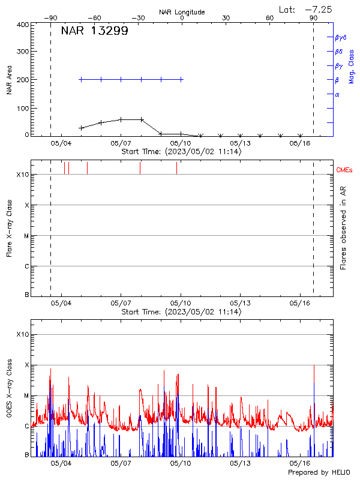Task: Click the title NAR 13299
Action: (94, 32)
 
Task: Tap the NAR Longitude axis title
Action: (181, 12)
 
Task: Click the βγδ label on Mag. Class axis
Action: (341, 37)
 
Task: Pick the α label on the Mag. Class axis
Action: (337, 94)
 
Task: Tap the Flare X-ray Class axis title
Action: (9, 227)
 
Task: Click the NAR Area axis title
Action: (9, 80)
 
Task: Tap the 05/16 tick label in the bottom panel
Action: (299, 464)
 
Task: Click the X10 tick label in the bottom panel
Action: (22, 334)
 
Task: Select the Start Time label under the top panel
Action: (181, 151)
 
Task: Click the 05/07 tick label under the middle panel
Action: (121, 304)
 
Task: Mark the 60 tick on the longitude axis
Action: (270, 19)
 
